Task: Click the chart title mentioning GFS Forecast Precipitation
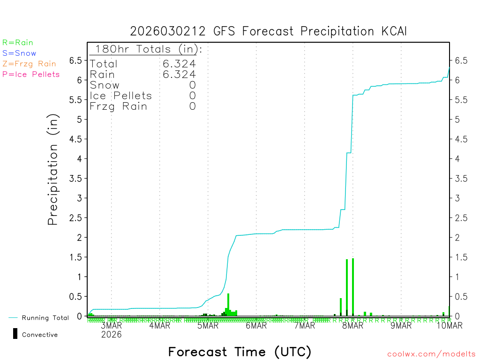pyautogui.click(x=268, y=31)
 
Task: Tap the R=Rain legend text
pyautogui.click(x=18, y=43)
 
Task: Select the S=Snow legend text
pyautogui.click(x=19, y=53)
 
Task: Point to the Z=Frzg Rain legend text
pyautogui.click(x=29, y=64)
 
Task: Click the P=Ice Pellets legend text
pyautogui.click(x=31, y=74)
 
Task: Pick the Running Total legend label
pyautogui.click(x=45, y=318)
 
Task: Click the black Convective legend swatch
pyautogui.click(x=15, y=333)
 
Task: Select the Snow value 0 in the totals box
pyautogui.click(x=192, y=85)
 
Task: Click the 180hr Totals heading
pyautogui.click(x=146, y=49)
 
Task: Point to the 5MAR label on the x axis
pyautogui.click(x=208, y=326)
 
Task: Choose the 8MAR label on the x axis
pyautogui.click(x=352, y=326)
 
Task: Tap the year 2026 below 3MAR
pyautogui.click(x=112, y=334)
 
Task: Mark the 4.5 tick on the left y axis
pyautogui.click(x=75, y=139)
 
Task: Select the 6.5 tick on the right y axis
pyautogui.click(x=460, y=60)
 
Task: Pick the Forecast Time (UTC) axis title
pyautogui.click(x=240, y=352)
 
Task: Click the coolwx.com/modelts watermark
pyautogui.click(x=431, y=354)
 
